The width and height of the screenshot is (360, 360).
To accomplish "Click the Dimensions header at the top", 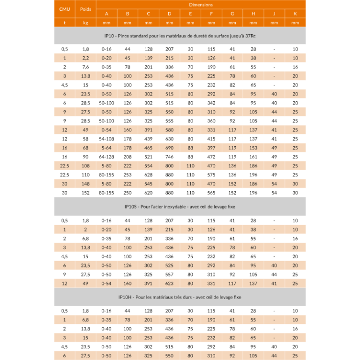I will (201, 5).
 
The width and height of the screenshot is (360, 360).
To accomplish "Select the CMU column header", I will (65, 9).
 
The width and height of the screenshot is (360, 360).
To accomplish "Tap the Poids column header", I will (85, 9).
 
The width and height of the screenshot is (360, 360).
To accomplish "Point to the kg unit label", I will (85, 22).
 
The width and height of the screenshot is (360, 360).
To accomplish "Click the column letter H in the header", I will (253, 14).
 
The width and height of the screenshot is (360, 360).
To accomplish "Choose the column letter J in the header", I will (274, 14).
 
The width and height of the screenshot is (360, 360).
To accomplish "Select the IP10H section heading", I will (180, 297).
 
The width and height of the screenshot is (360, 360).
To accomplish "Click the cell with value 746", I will (169, 157).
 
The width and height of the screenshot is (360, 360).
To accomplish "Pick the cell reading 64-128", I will (106, 157).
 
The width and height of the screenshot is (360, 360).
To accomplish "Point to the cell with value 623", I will (169, 283).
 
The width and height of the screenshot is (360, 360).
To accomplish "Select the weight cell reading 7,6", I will (85, 67).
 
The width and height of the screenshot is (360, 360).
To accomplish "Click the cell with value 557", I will (169, 274).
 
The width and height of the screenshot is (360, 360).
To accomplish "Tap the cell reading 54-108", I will (106, 139).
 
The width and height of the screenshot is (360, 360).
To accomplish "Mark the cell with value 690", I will (169, 148).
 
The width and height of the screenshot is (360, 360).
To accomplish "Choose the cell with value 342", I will (211, 103).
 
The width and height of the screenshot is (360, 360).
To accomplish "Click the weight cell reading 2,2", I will (85, 58).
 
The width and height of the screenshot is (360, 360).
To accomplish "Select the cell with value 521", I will (148, 157).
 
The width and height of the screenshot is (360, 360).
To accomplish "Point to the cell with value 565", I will (211, 193).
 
